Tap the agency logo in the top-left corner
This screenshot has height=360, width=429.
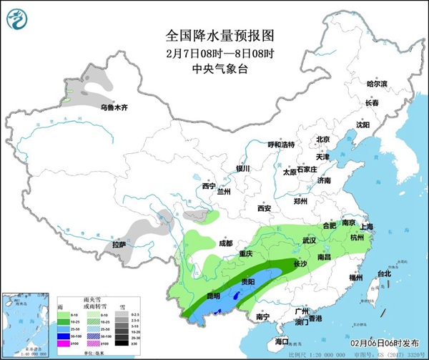(18, 19)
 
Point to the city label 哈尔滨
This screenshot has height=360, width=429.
(376, 84)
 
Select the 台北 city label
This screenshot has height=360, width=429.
(384, 273)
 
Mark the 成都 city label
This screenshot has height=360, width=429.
(226, 243)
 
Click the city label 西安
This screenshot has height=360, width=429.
(264, 208)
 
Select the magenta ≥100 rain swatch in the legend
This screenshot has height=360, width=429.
(63, 344)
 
